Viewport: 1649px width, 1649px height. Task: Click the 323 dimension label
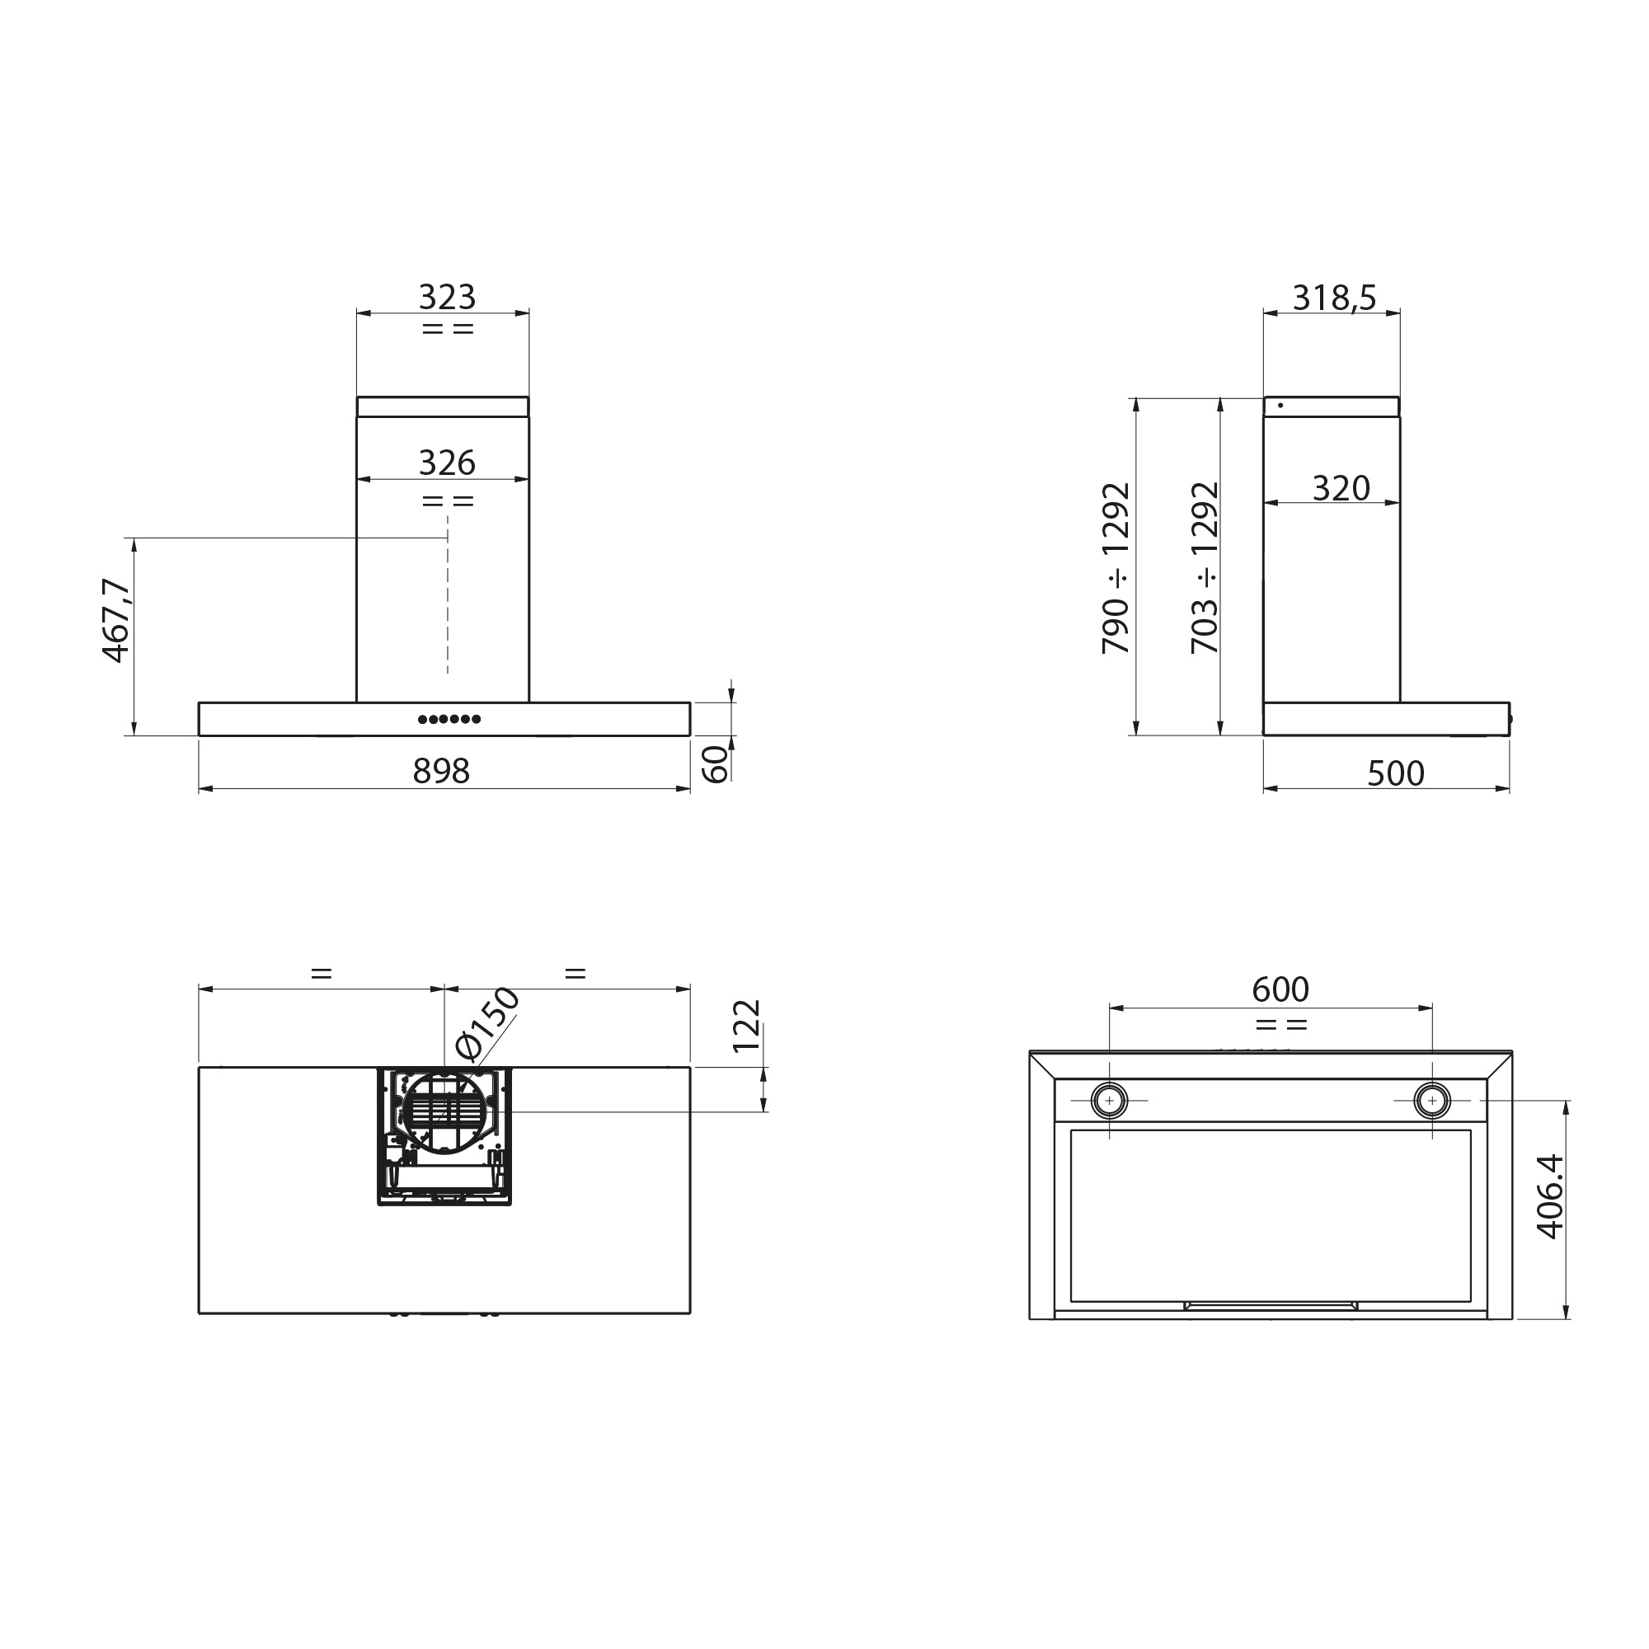(446, 297)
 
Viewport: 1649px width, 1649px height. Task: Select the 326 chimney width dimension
(446, 463)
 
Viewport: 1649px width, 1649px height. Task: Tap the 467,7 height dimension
(115, 621)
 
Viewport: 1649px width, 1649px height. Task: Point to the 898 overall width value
(441, 771)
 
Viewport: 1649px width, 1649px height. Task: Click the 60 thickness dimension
(715, 764)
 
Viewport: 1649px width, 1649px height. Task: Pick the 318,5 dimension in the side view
(1334, 298)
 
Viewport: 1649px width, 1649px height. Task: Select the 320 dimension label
(1341, 488)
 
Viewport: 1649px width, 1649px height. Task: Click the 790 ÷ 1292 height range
(1116, 568)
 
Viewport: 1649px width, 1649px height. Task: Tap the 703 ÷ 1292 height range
(1205, 568)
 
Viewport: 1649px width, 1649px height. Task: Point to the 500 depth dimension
(1396, 773)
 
